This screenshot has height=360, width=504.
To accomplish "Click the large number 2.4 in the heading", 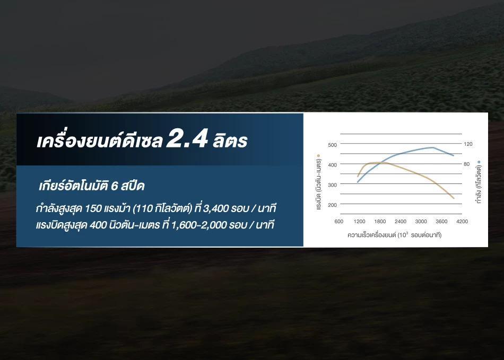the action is coord(187,138).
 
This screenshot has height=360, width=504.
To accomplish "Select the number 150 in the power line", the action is coord(93,209).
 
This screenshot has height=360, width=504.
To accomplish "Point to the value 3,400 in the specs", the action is coord(216,209).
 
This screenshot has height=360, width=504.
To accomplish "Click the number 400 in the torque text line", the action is coord(98,225).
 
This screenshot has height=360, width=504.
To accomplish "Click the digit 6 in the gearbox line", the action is coord(114,186).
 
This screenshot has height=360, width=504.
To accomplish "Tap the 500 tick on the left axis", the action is coord(332,145).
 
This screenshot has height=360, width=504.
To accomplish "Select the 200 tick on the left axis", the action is coord(332,205).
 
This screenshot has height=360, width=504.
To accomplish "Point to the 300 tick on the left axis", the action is coord(332,185).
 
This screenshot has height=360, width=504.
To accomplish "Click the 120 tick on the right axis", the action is coord(468,144).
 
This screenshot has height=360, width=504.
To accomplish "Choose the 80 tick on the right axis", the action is coord(467,164).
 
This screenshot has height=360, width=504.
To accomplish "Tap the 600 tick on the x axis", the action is coord(339,222).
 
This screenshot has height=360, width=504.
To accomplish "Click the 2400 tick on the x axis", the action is coord(401,222).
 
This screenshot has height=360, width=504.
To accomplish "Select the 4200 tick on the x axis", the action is coord(462,222).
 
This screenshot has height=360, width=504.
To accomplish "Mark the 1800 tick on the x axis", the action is coord(380,222).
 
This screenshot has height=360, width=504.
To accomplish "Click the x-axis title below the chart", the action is coord(394,235).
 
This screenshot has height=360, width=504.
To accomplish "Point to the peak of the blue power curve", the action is coord(433,147).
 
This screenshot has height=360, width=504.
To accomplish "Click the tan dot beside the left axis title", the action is coord(318,156).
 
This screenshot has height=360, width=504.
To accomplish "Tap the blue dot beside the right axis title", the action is coord(479,162).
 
